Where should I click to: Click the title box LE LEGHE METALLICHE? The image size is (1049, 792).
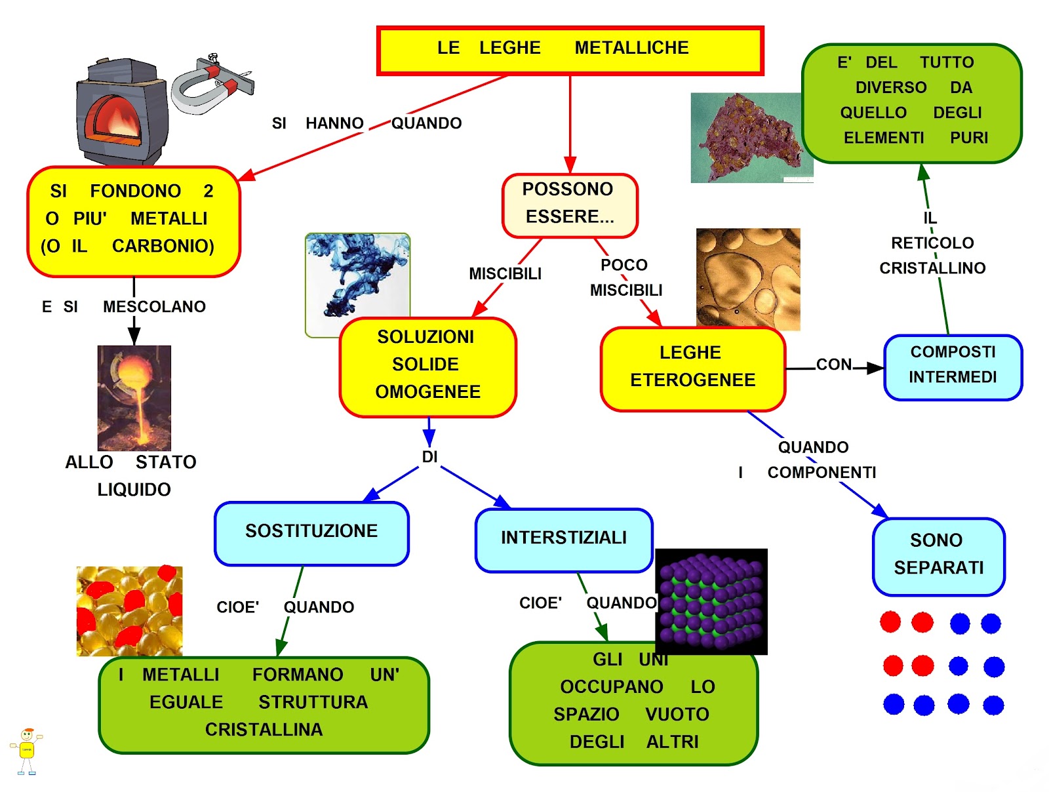pyautogui.click(x=570, y=50)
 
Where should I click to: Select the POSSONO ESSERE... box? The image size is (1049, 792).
pyautogui.click(x=569, y=205)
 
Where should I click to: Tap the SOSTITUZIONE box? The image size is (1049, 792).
pyautogui.click(x=311, y=533)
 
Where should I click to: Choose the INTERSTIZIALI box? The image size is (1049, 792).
pyautogui.click(x=563, y=540)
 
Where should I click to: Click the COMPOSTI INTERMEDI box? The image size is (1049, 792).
pyautogui.click(x=953, y=367)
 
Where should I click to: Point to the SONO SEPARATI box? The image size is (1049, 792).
pyautogui.click(x=938, y=557)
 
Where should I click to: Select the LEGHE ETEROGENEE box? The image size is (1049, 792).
pyautogui.click(x=692, y=368)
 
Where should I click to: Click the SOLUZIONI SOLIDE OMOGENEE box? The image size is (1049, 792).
pyautogui.click(x=427, y=367)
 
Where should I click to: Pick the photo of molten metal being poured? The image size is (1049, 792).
pyautogui.click(x=134, y=397)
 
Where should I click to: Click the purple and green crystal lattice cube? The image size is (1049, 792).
pyautogui.click(x=711, y=601)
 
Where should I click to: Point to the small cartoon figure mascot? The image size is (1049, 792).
pyautogui.click(x=27, y=751)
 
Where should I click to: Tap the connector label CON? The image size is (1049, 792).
pyautogui.click(x=833, y=365)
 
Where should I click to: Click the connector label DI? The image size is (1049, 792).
pyautogui.click(x=429, y=457)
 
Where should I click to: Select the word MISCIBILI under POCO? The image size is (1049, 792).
pyautogui.click(x=626, y=290)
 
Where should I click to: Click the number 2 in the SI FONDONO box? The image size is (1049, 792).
pyautogui.click(x=208, y=191)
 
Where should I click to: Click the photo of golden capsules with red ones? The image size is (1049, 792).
pyautogui.click(x=130, y=611)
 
